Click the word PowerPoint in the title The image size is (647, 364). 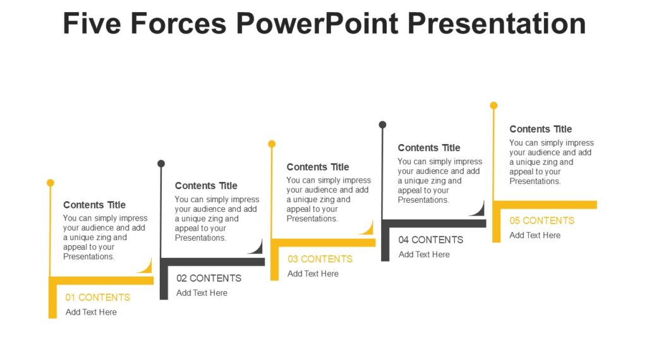[317, 23]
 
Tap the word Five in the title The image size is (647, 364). [94, 23]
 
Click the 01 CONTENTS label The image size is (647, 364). [98, 297]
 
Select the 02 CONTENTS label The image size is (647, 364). [209, 278]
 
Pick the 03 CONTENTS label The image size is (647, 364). [320, 259]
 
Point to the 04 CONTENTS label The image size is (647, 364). [431, 240]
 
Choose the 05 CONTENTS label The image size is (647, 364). [542, 221]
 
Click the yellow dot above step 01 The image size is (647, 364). [51, 183]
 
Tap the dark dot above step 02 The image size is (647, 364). [161, 164]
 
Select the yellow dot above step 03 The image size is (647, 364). [272, 144]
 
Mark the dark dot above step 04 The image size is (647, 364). [382, 124]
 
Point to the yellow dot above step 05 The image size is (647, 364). [493, 106]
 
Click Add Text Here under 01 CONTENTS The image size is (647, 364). [91, 312]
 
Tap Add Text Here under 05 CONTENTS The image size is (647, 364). [535, 235]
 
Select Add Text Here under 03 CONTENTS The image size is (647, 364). [313, 274]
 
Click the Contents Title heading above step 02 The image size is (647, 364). [206, 186]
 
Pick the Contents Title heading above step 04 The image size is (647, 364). [429, 148]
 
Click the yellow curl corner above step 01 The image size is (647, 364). [145, 266]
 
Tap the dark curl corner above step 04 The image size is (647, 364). [478, 209]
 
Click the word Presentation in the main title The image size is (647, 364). [497, 23]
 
